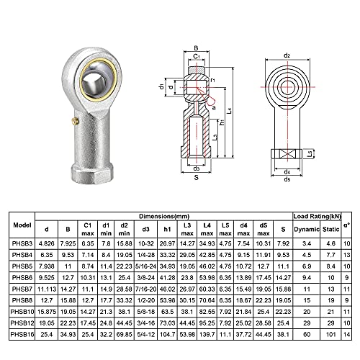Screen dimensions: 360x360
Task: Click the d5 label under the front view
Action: point(287,179)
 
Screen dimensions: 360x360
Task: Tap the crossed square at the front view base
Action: point(287,152)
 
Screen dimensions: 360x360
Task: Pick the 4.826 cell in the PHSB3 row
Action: point(48,244)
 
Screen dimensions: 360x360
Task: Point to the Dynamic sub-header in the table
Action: point(305,229)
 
